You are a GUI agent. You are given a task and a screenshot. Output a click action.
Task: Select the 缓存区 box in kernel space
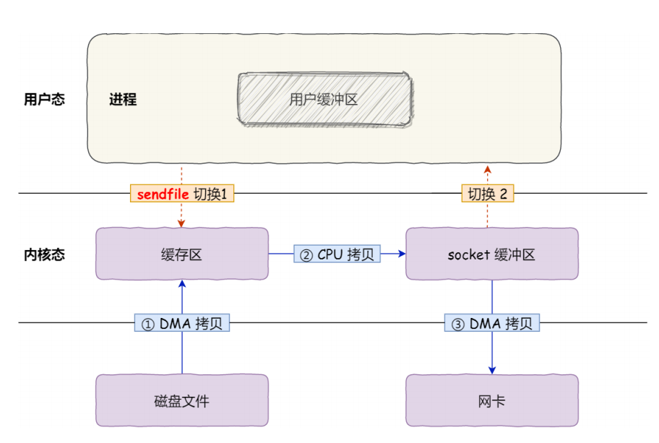coord(181,254)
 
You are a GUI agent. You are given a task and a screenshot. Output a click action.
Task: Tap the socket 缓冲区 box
coord(491,254)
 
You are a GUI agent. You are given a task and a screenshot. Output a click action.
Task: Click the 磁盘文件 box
coord(181,400)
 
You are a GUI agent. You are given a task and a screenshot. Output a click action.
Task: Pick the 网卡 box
coord(491,400)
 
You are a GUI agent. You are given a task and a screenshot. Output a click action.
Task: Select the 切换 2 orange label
coord(488,194)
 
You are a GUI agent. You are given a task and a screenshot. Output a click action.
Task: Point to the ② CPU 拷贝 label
coord(337,254)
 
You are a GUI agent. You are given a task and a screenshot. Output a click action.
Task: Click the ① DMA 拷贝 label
coord(181,324)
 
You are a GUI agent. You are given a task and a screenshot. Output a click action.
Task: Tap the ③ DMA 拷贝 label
coord(491,324)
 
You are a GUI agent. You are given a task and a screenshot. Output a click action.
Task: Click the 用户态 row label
coord(44,100)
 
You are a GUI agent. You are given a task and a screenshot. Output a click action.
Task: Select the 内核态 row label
coord(44,254)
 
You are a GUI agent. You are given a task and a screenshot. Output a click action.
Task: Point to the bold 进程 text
coord(123,100)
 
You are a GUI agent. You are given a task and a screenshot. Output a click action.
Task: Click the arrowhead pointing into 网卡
coord(492,370)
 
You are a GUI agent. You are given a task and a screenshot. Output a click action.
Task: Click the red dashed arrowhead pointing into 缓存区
coord(181,223)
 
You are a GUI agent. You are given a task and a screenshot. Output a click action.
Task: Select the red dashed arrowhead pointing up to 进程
coord(488,168)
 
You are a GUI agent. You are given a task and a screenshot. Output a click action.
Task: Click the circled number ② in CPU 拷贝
coord(306,254)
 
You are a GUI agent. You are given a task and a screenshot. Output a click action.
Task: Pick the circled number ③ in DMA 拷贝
coord(457,324)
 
